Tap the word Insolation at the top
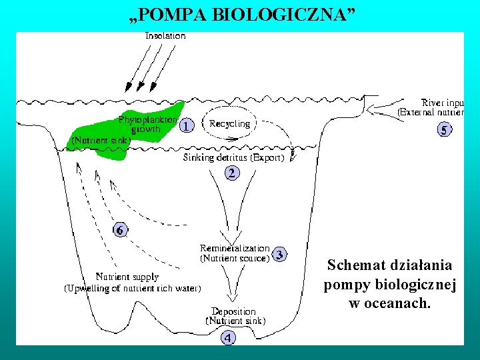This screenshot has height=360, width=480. [165, 35]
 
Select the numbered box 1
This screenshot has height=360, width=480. [188, 125]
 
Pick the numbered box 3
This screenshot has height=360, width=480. [280, 253]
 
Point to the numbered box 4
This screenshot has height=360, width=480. [229, 338]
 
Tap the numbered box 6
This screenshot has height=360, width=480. [119, 230]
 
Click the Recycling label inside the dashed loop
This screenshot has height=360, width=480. [230, 123]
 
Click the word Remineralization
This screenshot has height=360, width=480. [235, 248]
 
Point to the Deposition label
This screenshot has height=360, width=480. [233, 311]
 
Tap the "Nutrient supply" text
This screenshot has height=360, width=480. [127, 277]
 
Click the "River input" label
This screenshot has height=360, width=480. [443, 103]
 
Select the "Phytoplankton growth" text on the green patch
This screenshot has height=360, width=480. [147, 124]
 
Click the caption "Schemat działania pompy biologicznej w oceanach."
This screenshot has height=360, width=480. [390, 284]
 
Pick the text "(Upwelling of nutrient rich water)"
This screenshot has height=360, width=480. [133, 289]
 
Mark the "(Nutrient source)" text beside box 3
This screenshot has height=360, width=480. [235, 257]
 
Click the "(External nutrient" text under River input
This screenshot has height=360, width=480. [431, 113]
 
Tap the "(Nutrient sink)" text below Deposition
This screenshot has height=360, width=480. [236, 321]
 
